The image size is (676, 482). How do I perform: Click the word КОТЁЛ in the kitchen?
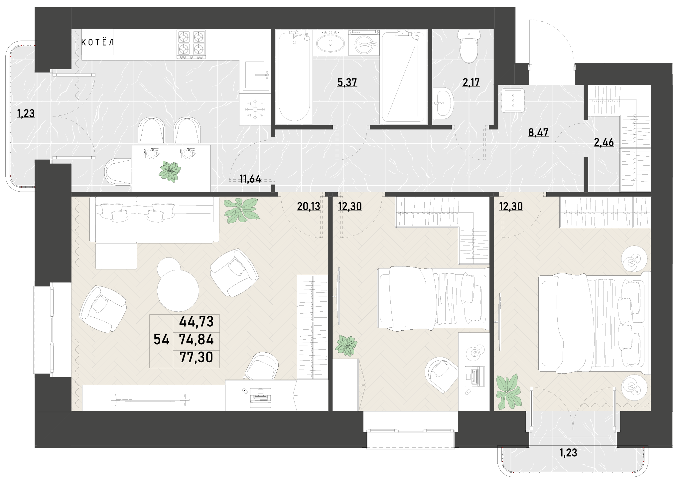[97, 43]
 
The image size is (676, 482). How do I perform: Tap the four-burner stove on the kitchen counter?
[191, 45]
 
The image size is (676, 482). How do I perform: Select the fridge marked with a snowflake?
[254, 109]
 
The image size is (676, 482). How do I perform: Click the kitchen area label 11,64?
[250, 180]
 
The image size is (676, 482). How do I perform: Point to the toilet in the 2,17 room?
[469, 46]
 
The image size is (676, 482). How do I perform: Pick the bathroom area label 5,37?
[347, 82]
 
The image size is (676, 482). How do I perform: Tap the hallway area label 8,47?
[538, 132]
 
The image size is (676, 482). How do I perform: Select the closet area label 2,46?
[604, 142]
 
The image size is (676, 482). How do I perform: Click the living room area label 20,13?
[309, 207]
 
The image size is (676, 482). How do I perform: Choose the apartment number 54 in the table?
[162, 340]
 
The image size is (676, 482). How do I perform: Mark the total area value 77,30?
[196, 358]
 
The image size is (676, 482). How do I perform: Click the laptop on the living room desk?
[260, 396]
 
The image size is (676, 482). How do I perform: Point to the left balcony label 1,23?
[26, 114]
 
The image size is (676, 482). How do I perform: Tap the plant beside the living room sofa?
[242, 210]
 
